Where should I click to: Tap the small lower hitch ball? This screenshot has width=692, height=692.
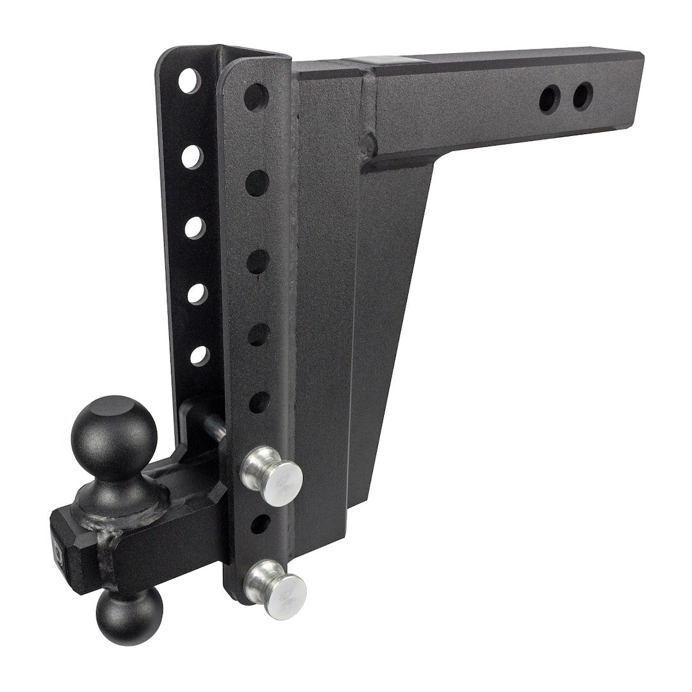(129, 614)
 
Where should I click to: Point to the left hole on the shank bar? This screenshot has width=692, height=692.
(550, 98)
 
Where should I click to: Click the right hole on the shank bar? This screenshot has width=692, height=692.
(582, 96)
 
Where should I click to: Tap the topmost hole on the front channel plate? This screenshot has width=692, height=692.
(256, 97)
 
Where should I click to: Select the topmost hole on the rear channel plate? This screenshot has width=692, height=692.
(189, 81)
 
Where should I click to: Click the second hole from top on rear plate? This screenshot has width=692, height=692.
(192, 156)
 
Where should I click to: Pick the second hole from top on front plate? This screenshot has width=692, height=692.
(258, 183)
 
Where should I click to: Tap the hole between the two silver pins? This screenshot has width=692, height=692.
(259, 524)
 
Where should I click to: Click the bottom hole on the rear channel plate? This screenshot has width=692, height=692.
(199, 355)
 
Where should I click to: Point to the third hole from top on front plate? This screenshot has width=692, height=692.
(258, 261)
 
